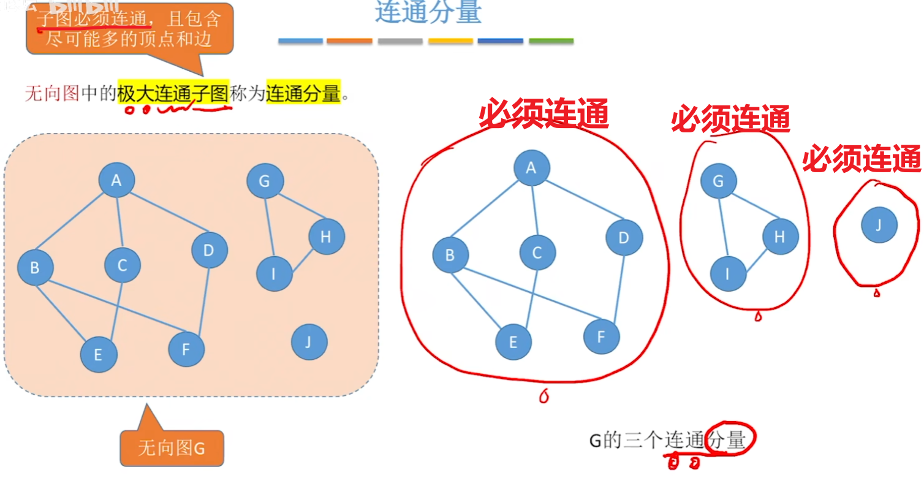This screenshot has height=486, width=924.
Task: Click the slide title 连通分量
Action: (x=428, y=12)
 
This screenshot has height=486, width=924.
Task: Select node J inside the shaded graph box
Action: (x=309, y=342)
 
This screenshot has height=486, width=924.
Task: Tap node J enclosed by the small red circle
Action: (x=879, y=225)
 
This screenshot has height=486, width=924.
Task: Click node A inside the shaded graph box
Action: (x=116, y=180)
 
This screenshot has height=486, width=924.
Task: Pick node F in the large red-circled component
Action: (x=601, y=336)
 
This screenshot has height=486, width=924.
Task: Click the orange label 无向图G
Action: (x=172, y=449)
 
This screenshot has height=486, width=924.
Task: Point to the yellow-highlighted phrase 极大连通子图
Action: (x=173, y=94)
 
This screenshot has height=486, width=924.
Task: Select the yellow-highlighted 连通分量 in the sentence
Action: (x=303, y=94)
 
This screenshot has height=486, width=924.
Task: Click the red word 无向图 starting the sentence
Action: (x=52, y=94)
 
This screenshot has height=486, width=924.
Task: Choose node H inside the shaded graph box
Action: (x=326, y=237)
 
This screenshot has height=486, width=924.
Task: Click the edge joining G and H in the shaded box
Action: (x=297, y=209)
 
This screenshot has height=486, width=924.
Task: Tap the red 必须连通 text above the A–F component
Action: (x=543, y=114)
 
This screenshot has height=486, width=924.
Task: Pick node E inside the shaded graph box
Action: (x=98, y=354)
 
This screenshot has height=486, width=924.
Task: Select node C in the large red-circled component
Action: (x=537, y=252)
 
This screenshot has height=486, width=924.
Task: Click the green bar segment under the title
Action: (x=551, y=41)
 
